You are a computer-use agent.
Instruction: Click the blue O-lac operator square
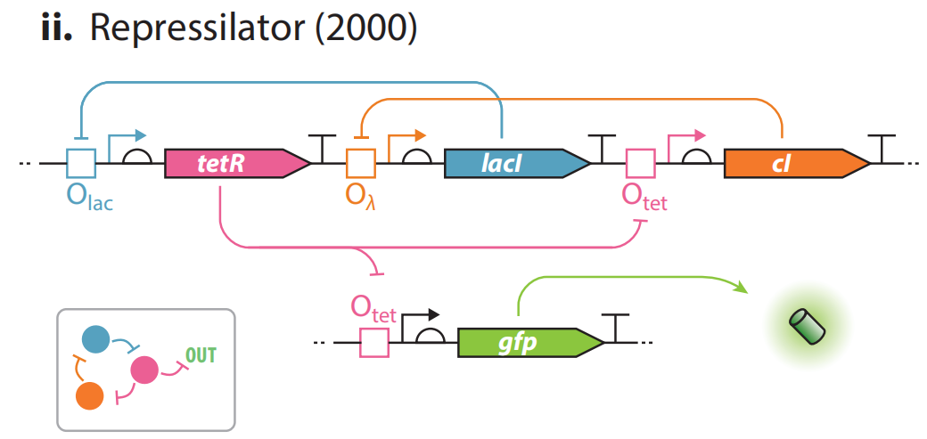81,164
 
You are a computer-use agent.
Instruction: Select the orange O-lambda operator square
361,164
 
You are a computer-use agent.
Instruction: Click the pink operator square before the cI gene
640,164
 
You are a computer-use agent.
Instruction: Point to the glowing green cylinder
807,326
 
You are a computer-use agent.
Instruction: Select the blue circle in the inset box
95,339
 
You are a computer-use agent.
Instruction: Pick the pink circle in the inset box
144,368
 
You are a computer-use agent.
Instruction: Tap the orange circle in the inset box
89,394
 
